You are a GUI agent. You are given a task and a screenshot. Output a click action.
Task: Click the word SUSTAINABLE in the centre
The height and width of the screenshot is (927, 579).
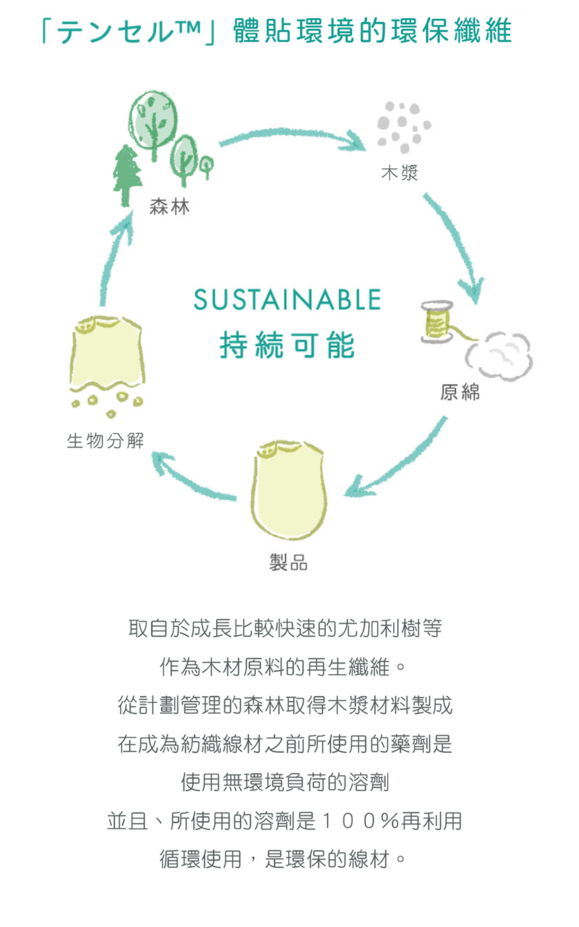coord(287,299)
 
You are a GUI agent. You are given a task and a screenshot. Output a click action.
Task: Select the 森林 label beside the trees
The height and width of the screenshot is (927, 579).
coord(170,207)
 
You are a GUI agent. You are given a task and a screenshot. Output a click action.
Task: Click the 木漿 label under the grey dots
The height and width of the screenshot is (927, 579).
coord(399,173)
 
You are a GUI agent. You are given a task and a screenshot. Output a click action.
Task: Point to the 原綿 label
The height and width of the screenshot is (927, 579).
coord(460,392)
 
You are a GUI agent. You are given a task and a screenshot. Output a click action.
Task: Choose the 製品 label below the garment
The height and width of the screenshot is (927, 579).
coord(288,562)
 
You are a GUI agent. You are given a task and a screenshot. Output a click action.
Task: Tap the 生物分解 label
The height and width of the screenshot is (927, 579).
coord(105,441)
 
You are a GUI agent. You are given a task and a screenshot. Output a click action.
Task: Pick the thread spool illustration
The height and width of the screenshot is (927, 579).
coord(436,322)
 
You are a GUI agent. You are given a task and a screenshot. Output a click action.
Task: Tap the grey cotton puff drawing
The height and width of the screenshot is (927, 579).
coord(499,355)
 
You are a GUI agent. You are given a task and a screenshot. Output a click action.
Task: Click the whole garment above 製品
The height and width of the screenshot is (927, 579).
coord(289,491)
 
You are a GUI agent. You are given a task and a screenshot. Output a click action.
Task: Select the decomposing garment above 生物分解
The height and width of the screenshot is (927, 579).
coord(107,366)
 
